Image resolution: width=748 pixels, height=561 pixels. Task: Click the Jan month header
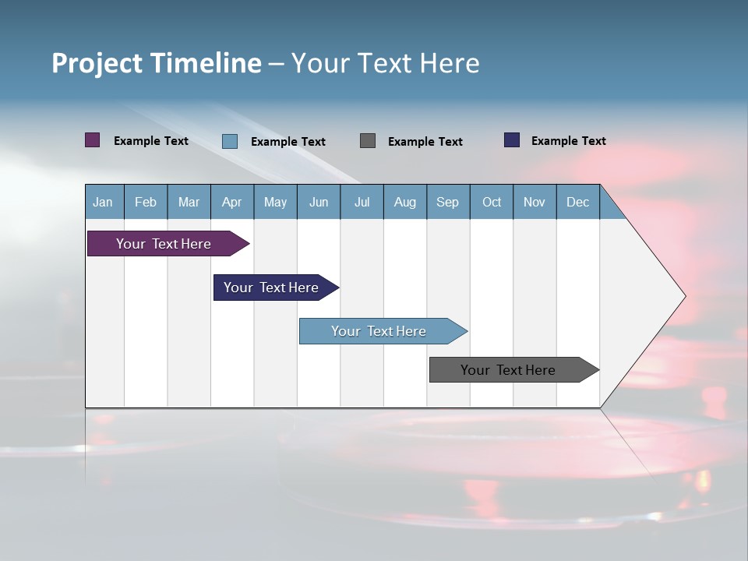[x=103, y=202]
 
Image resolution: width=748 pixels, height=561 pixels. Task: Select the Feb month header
[x=146, y=202]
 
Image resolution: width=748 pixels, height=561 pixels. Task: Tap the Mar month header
[x=189, y=202]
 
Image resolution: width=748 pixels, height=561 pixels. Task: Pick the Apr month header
[x=231, y=202]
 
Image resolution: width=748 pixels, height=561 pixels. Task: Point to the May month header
[x=275, y=202]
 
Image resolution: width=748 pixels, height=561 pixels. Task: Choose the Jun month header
[x=319, y=202]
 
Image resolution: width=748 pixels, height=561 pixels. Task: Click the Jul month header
[x=362, y=202]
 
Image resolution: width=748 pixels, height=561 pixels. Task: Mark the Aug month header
[x=404, y=202]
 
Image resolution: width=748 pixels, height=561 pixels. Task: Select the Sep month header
[x=447, y=202]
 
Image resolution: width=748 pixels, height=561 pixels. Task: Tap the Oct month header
[x=492, y=202]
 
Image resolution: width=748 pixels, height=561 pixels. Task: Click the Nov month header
[x=535, y=202]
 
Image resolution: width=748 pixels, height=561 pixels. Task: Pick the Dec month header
[x=577, y=202]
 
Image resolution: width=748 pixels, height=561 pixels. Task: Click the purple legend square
[x=93, y=140]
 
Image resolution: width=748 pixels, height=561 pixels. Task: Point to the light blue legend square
[x=230, y=141]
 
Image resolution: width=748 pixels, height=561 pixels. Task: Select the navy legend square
[x=512, y=140]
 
